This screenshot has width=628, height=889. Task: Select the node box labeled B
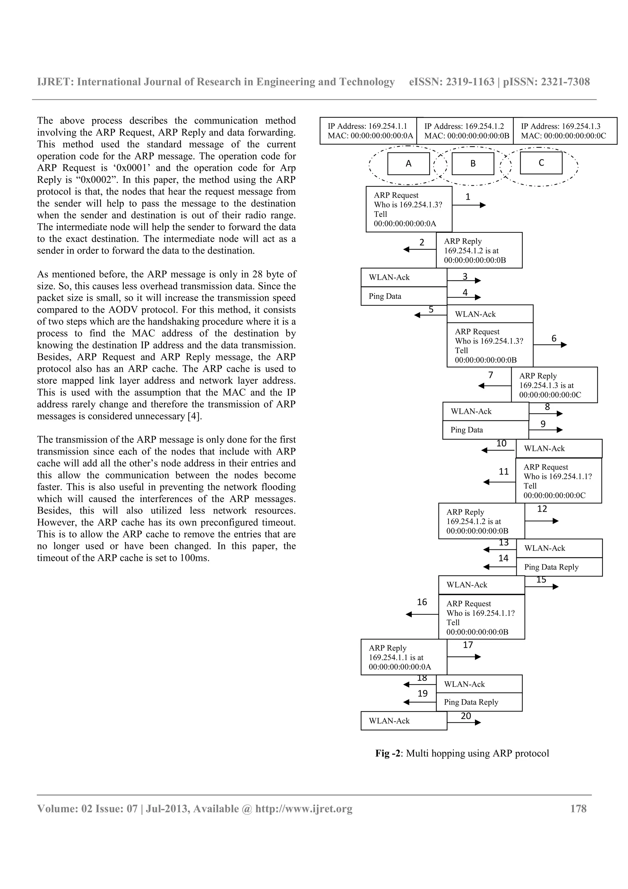coord(473,164)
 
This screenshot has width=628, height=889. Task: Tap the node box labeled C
coord(541,163)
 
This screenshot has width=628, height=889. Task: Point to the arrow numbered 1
coord(469,205)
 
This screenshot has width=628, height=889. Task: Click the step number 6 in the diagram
coord(554,338)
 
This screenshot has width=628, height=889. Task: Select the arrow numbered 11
coord(499,482)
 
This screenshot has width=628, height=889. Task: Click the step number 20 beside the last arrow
coord(466,716)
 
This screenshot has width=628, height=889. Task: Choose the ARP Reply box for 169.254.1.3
coord(554,385)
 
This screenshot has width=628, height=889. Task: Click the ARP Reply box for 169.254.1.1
coord(404,657)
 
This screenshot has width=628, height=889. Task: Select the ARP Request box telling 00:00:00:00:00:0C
coord(558,481)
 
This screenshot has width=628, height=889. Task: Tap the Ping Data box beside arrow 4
coord(404,296)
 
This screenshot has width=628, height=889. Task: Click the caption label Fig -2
coord(389,753)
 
